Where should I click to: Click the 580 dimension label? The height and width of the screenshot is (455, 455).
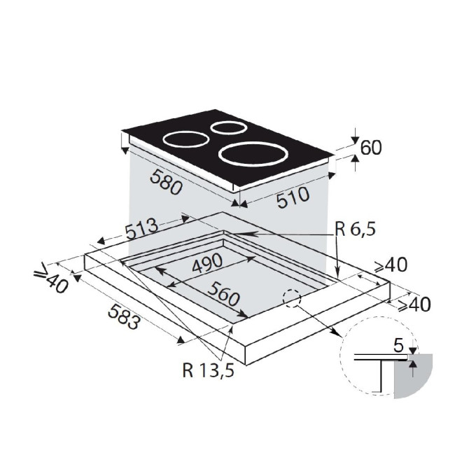click(166, 182)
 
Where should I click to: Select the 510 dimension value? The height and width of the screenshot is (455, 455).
click(293, 197)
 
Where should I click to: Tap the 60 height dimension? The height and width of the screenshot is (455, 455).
click(371, 148)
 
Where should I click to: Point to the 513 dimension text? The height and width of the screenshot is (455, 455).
click(142, 228)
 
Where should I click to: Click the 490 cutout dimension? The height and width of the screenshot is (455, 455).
click(207, 262)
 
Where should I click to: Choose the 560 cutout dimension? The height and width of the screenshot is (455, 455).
click(224, 294)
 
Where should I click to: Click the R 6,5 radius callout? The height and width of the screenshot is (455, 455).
click(356, 229)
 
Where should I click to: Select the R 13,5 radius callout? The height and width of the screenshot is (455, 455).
click(209, 370)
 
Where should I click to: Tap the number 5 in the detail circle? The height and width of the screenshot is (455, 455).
click(399, 346)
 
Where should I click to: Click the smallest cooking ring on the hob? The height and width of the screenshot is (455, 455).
click(229, 127)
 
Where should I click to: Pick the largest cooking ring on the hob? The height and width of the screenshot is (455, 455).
click(253, 154)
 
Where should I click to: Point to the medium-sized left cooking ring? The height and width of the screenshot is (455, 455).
click(186, 139)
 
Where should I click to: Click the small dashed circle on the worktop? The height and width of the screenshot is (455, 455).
click(292, 298)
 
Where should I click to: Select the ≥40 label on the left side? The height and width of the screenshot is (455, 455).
click(52, 278)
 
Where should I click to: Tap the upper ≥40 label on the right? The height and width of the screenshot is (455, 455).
click(391, 265)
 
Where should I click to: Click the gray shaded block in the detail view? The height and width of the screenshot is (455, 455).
click(413, 376)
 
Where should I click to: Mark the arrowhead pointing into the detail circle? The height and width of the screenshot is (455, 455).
click(337, 332)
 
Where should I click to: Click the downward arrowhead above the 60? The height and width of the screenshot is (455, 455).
click(355, 141)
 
